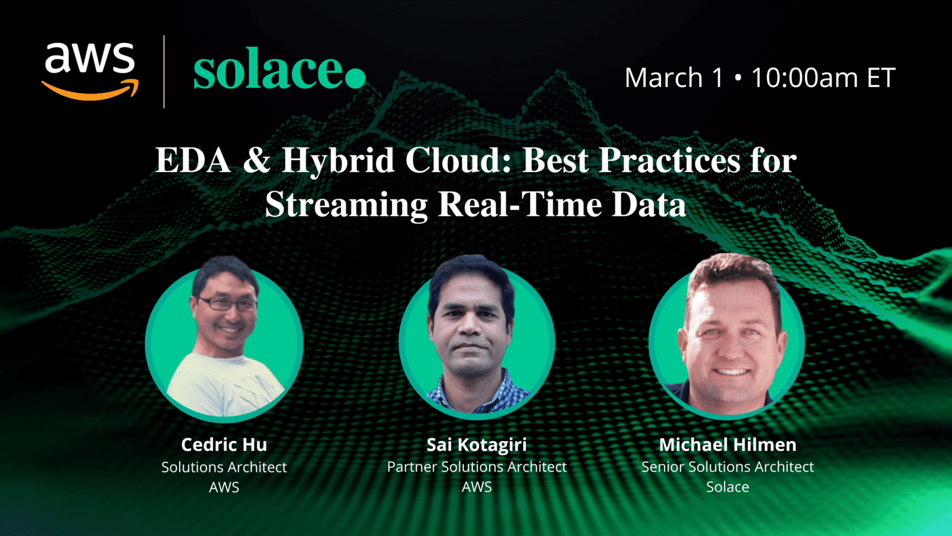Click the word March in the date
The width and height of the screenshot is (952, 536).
click(x=663, y=78)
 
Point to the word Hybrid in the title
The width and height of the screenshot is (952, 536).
click(x=338, y=161)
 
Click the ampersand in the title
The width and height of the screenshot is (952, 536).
click(x=256, y=161)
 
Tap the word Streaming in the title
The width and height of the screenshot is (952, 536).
click(x=346, y=205)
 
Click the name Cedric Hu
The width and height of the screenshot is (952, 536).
click(x=224, y=444)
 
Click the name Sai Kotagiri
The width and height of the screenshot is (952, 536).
click(x=477, y=444)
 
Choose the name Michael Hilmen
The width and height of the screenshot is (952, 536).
click(x=727, y=444)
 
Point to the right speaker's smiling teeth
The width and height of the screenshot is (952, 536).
click(x=731, y=372)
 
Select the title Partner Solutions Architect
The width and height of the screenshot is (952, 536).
click(x=477, y=467)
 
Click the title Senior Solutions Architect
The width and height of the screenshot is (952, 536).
click(x=727, y=467)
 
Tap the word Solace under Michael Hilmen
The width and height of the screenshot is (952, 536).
click(x=727, y=487)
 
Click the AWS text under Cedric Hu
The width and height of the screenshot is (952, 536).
click(x=224, y=487)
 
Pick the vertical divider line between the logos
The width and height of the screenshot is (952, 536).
click(x=164, y=71)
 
